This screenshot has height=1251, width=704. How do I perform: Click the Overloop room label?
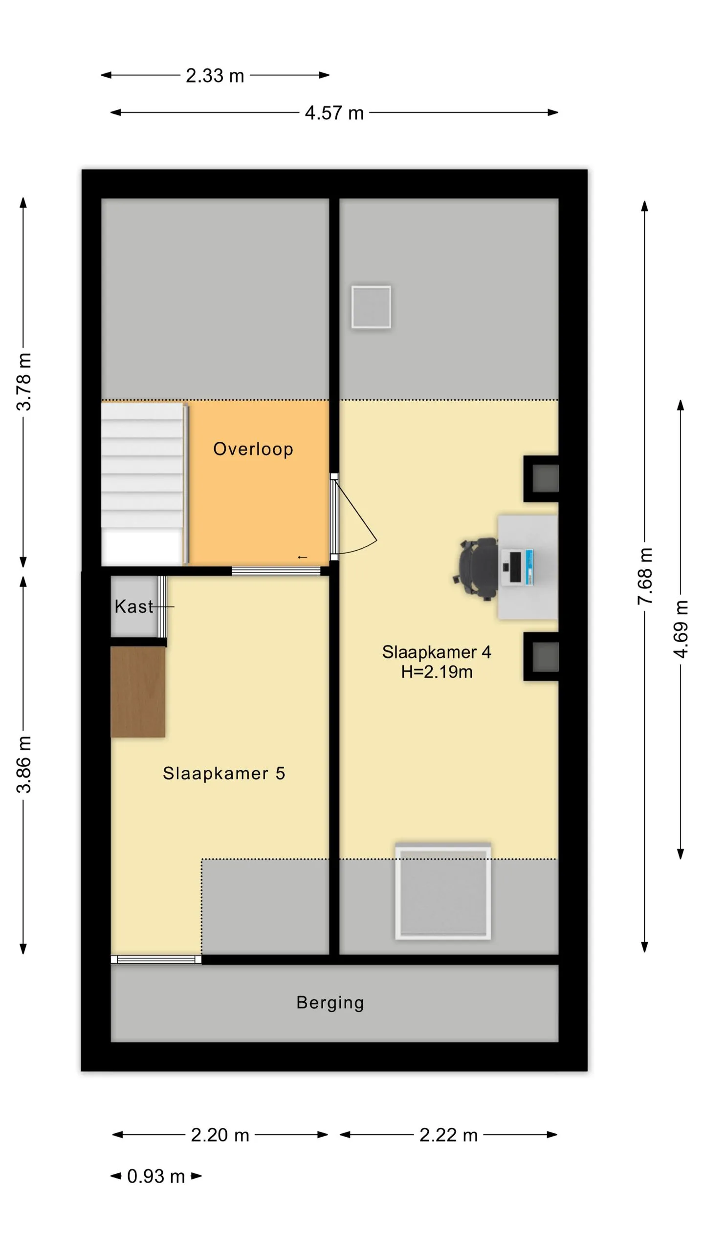(253, 449)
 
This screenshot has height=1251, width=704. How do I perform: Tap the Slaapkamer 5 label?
(224, 773)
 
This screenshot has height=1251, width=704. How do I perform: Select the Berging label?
(330, 1003)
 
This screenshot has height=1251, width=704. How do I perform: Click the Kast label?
(133, 606)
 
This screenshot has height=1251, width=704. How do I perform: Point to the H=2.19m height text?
(437, 672)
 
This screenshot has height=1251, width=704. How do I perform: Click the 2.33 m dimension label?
(215, 76)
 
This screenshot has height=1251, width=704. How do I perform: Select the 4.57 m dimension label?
(334, 113)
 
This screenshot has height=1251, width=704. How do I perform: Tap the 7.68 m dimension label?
(645, 576)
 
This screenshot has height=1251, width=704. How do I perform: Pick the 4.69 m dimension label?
(681, 629)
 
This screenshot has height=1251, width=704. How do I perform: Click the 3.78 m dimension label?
(23, 382)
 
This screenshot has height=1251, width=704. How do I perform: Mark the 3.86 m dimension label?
(23, 764)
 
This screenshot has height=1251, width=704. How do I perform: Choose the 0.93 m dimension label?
(156, 1176)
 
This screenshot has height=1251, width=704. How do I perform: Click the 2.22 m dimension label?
(448, 1135)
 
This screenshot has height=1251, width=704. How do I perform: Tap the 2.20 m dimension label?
(220, 1135)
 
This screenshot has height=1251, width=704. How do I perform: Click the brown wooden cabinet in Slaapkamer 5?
(138, 691)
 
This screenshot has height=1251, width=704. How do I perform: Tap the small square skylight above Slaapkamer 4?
(371, 307)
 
